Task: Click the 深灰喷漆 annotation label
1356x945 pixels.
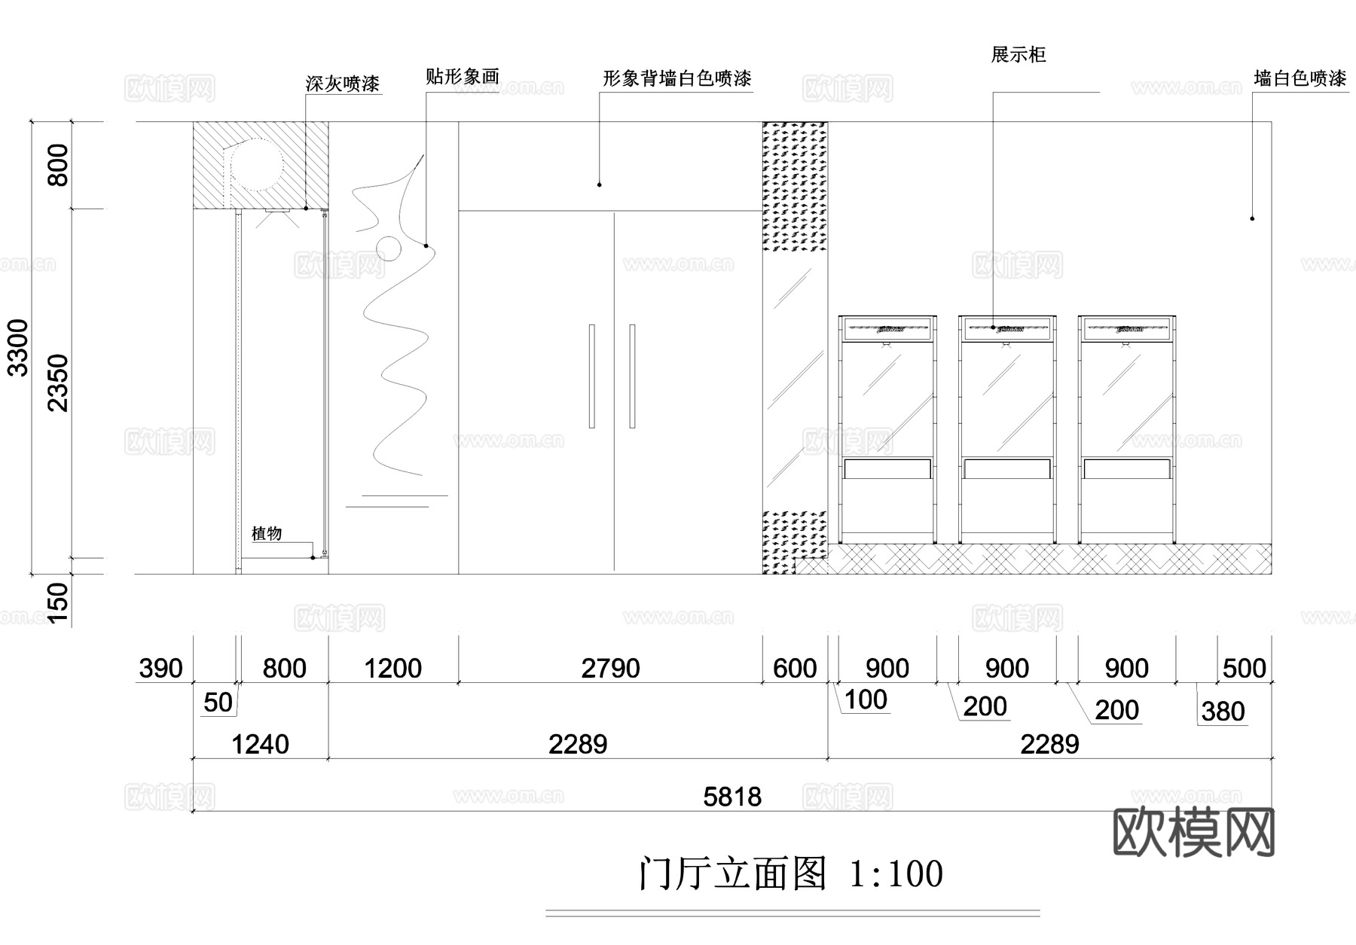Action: pyautogui.click(x=343, y=84)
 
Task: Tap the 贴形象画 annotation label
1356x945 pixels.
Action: pyautogui.click(x=462, y=77)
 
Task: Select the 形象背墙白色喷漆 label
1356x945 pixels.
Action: pyautogui.click(x=676, y=78)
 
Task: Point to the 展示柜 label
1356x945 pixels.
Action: pyautogui.click(x=1018, y=55)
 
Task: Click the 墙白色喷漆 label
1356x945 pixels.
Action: pyautogui.click(x=1299, y=78)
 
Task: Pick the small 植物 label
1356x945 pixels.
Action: pyautogui.click(x=267, y=534)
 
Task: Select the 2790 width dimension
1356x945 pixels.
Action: pyautogui.click(x=610, y=668)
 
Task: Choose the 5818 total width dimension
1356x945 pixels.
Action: pyautogui.click(x=732, y=797)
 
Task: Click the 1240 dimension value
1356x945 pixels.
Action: pyautogui.click(x=260, y=745)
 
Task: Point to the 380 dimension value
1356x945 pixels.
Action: pyautogui.click(x=1223, y=712)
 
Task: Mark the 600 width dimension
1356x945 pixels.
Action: pyautogui.click(x=795, y=668)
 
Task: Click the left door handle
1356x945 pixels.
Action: pyautogui.click(x=592, y=376)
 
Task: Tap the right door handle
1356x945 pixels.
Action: pyautogui.click(x=632, y=376)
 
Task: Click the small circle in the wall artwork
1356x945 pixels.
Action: pyautogui.click(x=389, y=248)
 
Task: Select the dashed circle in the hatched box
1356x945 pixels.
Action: pyautogui.click(x=257, y=166)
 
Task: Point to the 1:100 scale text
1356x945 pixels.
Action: pyautogui.click(x=896, y=874)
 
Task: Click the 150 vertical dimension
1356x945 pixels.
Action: pyautogui.click(x=58, y=602)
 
